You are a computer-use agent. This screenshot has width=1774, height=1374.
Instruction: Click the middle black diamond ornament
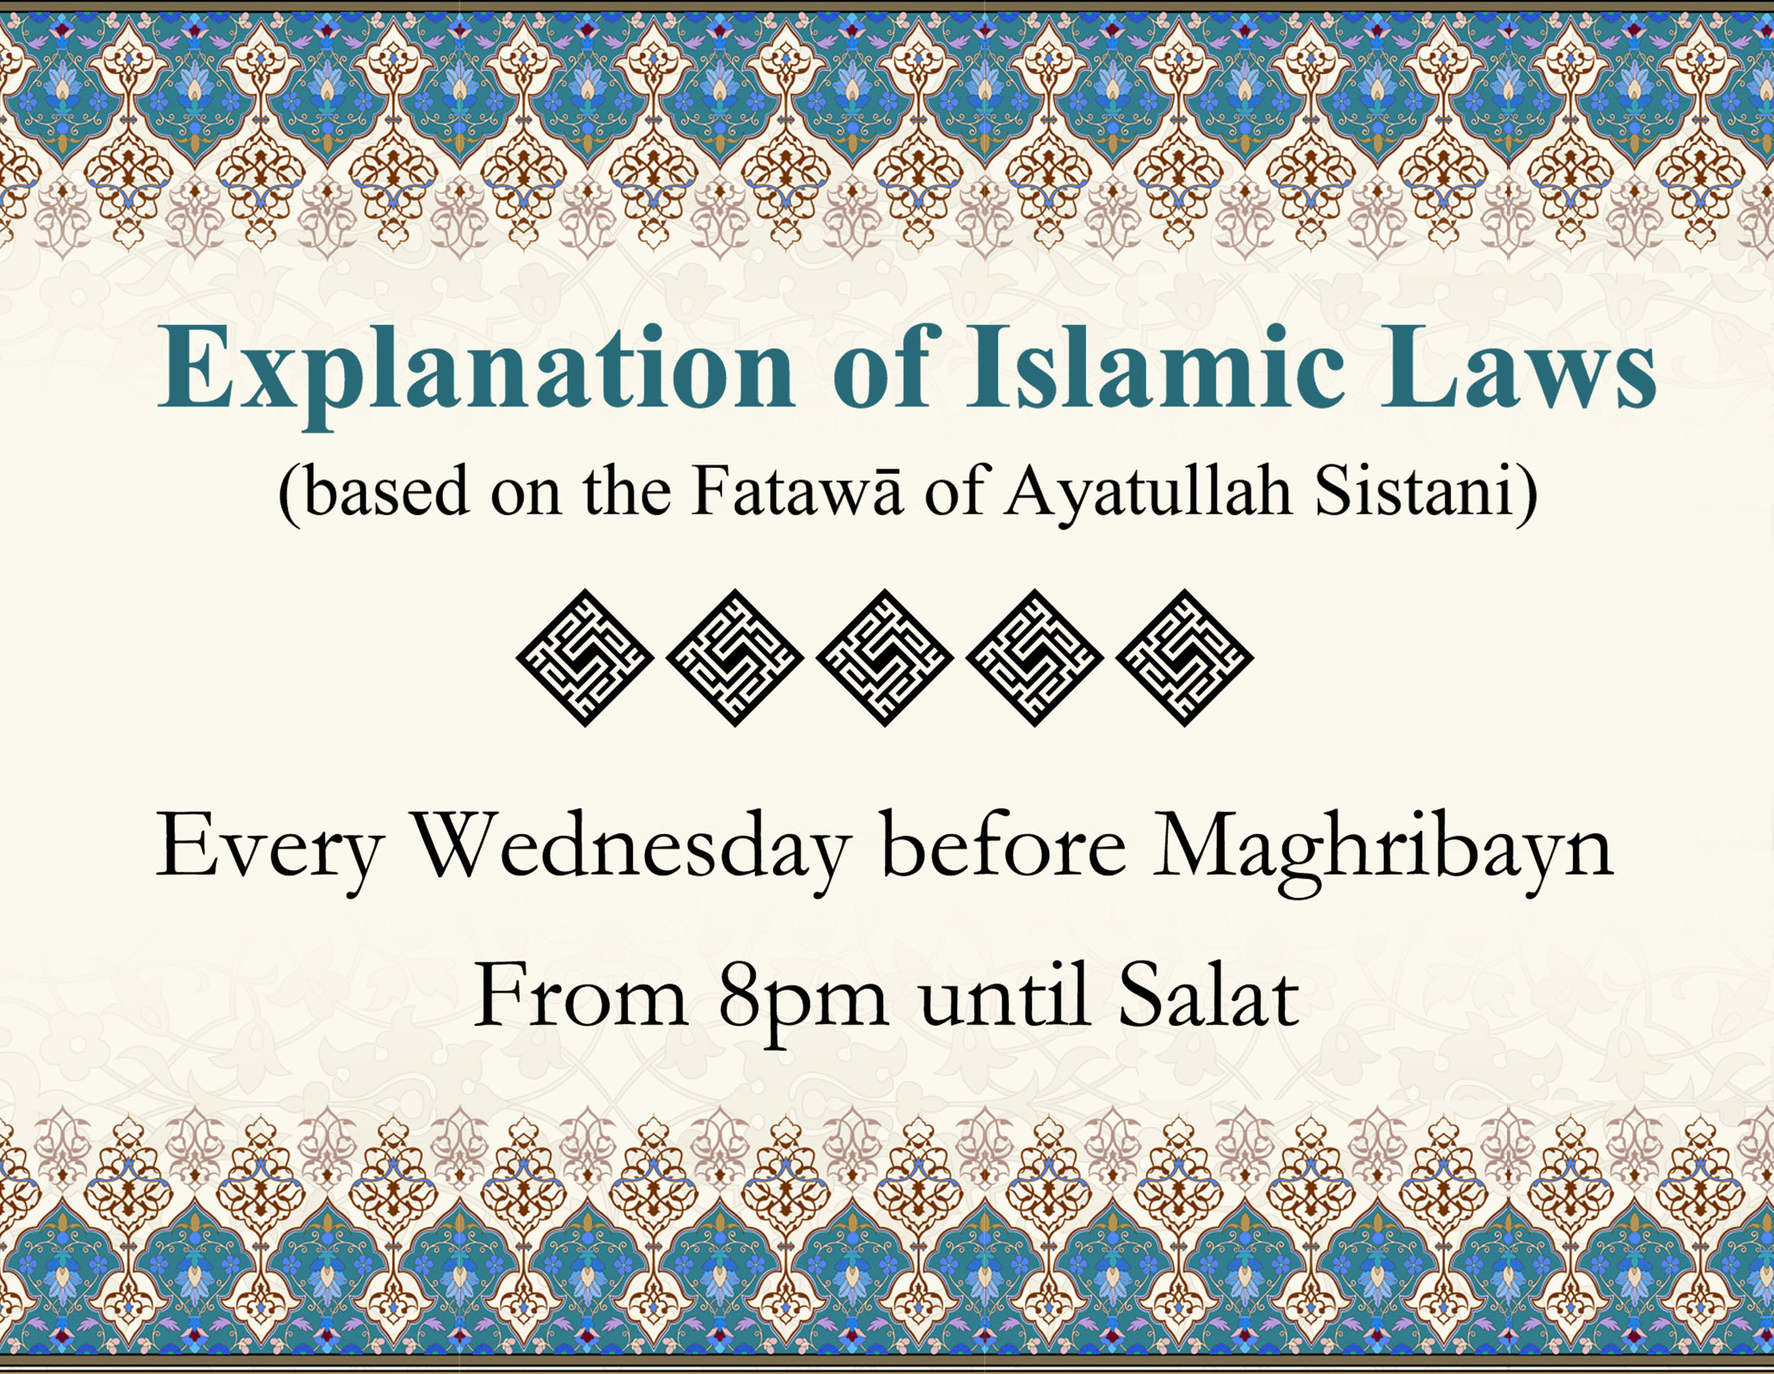click(x=885, y=658)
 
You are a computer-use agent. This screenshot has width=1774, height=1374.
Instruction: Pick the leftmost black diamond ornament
click(x=585, y=658)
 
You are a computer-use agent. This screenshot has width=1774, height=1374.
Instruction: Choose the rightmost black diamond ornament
click(x=1184, y=658)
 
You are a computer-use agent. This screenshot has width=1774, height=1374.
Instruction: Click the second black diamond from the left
click(x=734, y=658)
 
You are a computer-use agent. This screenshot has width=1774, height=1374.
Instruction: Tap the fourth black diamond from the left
click(x=1035, y=658)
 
